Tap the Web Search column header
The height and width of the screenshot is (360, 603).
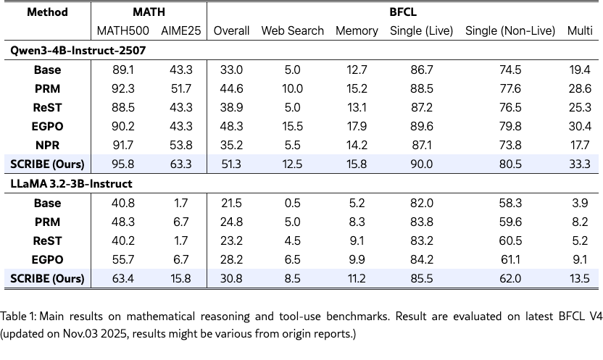tap(292, 30)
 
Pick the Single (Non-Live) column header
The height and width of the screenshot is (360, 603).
tap(510, 30)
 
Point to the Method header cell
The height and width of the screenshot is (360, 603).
tap(47, 12)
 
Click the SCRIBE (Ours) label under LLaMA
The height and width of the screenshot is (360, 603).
tap(47, 278)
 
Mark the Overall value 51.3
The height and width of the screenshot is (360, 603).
tap(231, 164)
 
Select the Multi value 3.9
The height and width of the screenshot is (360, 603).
tap(580, 203)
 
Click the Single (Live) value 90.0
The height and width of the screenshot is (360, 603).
tap(421, 164)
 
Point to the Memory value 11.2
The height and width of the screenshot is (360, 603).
tap(357, 278)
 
